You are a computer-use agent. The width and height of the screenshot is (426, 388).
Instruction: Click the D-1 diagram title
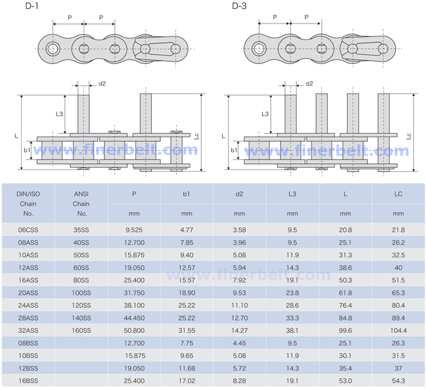(32, 6)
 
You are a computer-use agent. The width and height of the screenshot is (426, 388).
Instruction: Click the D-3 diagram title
(239, 6)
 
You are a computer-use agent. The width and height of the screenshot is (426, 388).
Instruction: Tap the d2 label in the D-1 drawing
(102, 84)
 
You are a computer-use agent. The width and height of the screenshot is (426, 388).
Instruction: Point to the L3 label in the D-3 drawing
(265, 114)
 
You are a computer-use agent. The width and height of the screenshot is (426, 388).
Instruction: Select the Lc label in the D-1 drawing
(198, 136)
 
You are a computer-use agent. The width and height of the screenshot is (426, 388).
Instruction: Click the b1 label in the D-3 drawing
(234, 150)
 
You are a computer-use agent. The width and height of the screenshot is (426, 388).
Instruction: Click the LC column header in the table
(398, 194)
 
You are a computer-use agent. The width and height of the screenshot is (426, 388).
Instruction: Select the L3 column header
(292, 194)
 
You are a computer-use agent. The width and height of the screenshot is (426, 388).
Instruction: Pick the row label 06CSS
(28, 230)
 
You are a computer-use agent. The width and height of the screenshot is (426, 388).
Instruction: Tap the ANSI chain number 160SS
(81, 331)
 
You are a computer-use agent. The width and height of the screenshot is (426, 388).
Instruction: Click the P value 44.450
(134, 318)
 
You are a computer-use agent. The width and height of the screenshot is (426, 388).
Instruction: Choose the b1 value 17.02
(186, 381)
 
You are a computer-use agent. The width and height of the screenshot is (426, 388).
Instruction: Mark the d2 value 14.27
(240, 331)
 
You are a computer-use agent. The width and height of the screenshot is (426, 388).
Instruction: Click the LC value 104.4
(398, 331)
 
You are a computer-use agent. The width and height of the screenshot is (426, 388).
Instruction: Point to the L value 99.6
(345, 331)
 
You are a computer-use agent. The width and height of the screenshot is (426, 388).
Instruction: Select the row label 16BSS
(28, 381)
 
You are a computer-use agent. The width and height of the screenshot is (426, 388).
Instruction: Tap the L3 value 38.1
(292, 331)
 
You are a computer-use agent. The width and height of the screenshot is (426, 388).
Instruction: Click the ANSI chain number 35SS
(81, 230)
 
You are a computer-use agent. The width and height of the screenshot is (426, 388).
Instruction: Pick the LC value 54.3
(398, 381)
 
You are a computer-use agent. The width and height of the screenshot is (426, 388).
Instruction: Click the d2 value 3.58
(240, 230)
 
